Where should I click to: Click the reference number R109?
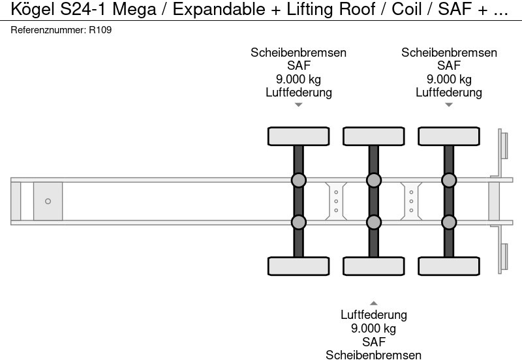tap(100, 30)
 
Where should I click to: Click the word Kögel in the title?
tap(30, 10)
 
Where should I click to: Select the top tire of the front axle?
tap(298, 136)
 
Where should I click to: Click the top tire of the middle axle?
tap(373, 136)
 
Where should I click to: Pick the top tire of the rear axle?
tap(448, 136)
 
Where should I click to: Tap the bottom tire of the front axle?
tap(298, 266)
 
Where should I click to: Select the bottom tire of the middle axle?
tap(373, 266)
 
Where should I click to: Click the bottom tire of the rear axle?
tap(448, 266)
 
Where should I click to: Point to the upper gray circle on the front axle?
tap(298, 180)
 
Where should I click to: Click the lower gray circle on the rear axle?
tap(448, 222)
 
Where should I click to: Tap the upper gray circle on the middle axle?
tap(373, 180)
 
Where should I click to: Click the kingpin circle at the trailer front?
tap(48, 202)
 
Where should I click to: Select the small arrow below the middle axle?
tap(373, 303)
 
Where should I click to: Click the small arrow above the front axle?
tap(298, 104)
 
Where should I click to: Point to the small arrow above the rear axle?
tap(448, 104)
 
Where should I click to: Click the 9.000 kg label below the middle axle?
tap(373, 328)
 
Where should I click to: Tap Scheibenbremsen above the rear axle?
tap(449, 53)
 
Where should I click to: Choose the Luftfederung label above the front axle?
tap(298, 92)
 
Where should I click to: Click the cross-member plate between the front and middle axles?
tap(335, 201)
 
